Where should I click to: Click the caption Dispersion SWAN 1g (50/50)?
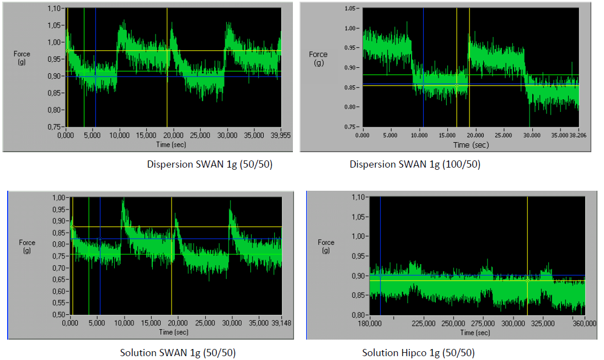210,164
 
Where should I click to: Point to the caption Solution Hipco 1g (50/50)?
418,353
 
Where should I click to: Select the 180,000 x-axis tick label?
379,323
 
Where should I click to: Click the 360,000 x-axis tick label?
585,323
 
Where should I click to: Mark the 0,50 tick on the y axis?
58,315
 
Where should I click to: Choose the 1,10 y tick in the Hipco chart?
360,197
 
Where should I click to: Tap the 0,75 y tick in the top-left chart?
54,126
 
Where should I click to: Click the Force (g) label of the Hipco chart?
326,246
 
